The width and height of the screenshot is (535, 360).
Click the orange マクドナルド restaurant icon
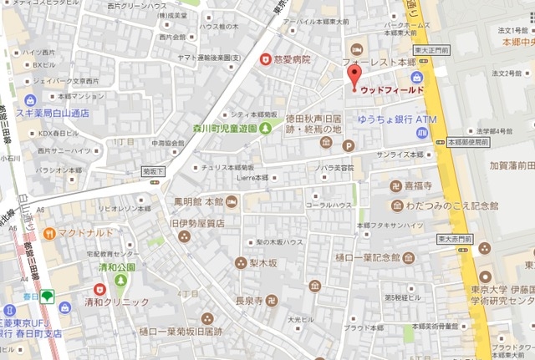[x=50, y=232]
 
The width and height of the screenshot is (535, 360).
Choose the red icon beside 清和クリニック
[x=99, y=289]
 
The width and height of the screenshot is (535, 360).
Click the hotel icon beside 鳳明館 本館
[x=232, y=201]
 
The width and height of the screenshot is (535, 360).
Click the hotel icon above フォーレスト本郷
[x=356, y=48]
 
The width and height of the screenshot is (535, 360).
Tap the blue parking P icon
[x=349, y=145]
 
